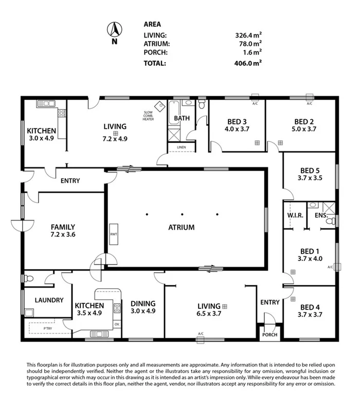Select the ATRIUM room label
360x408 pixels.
coord(181,227)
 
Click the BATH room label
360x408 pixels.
coord(182,118)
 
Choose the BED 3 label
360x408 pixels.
coord(238,122)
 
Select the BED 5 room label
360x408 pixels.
coord(310,171)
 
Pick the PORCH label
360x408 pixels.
coord(269,335)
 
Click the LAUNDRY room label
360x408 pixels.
coord(49,300)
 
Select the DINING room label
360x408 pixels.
coord(142,303)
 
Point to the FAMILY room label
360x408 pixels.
coord(63,227)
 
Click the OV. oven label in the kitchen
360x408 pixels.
coord(117,324)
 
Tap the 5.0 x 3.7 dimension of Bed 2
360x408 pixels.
coord(304,129)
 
